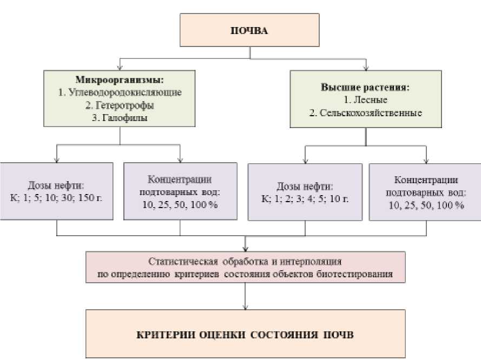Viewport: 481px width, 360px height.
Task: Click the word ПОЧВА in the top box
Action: point(249,30)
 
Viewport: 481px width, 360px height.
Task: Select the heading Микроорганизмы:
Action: point(120,80)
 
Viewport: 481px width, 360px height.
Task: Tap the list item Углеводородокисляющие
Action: point(120,92)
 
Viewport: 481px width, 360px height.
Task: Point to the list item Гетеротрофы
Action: point(120,105)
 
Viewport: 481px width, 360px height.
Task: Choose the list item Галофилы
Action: point(120,117)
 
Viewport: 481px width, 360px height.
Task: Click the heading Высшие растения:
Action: point(365,87)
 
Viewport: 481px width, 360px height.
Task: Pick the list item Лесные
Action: point(365,100)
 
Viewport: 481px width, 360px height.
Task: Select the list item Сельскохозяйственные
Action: point(365,113)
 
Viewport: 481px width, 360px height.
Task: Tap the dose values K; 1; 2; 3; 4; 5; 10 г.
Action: point(305,199)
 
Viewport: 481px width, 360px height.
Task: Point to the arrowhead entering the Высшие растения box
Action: point(366,69)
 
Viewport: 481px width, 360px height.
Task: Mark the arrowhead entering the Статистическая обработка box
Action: point(247,248)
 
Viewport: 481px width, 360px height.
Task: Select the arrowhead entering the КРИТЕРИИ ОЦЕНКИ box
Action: point(247,306)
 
